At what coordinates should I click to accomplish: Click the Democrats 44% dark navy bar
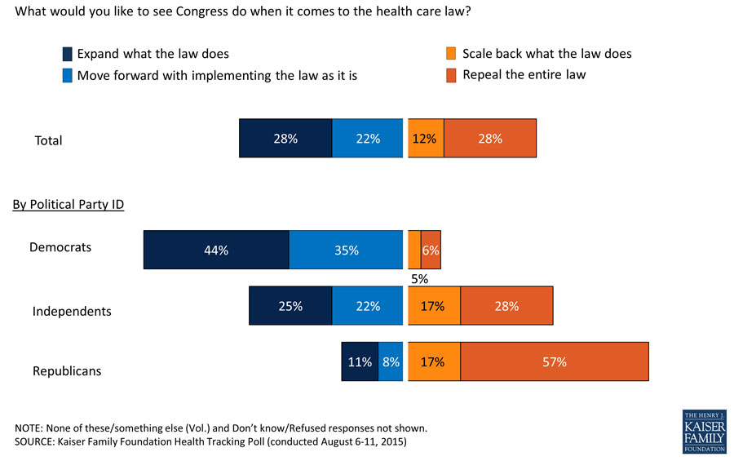[216, 250]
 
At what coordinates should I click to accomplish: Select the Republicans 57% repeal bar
[555, 361]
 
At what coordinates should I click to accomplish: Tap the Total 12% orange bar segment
[426, 138]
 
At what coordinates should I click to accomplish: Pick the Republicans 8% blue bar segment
[391, 361]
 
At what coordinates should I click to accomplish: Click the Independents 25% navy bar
[290, 306]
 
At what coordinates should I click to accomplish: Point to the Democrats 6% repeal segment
[431, 250]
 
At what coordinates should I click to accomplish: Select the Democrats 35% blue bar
[346, 250]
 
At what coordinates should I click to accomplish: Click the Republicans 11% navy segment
[360, 361]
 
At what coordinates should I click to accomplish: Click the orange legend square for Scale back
[451, 55]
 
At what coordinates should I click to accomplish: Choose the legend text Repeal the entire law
[524, 75]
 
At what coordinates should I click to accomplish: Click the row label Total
[48, 140]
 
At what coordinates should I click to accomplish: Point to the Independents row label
[72, 311]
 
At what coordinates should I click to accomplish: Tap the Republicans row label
[67, 371]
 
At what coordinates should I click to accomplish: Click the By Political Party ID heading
[68, 204]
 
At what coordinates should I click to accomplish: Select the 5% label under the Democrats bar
[419, 278]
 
